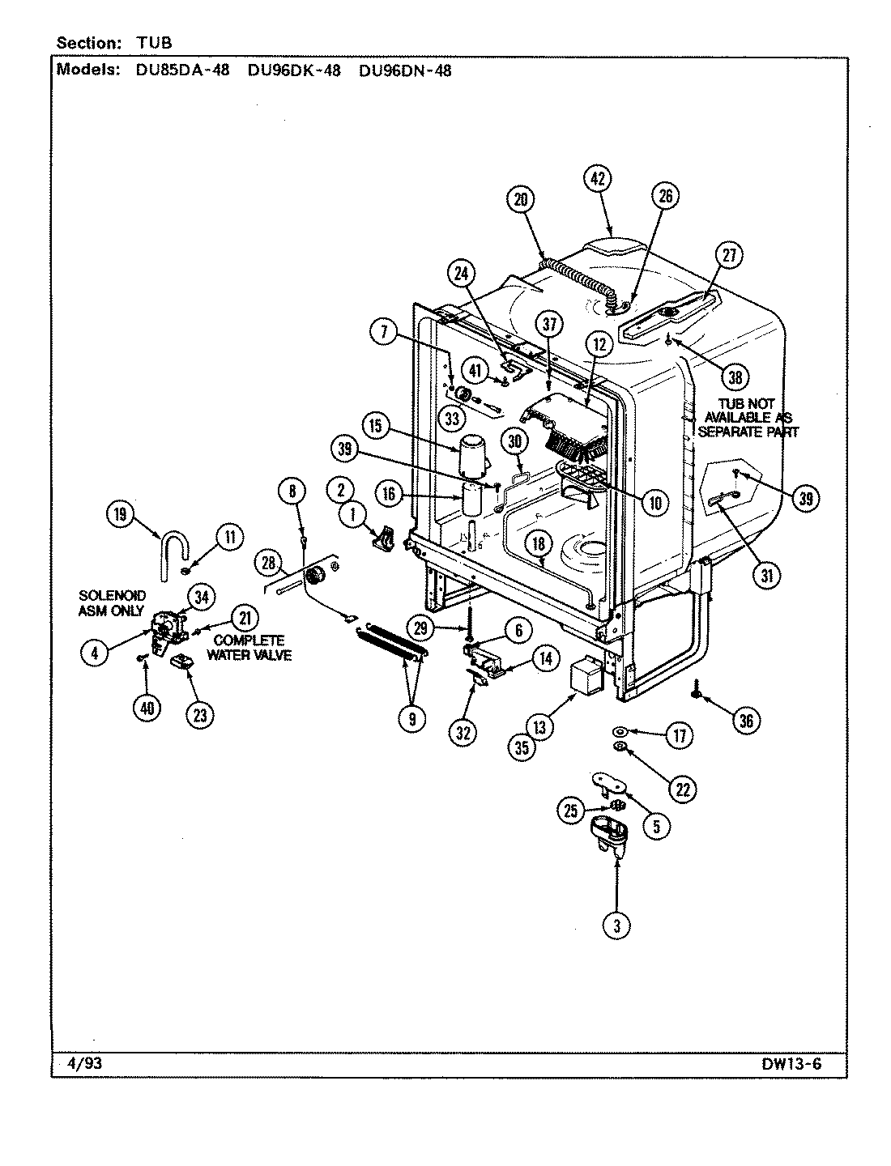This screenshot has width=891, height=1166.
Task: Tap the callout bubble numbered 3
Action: [x=616, y=928]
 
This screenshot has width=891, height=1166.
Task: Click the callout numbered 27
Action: [x=728, y=256]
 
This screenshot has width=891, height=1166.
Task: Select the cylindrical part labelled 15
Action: [x=472, y=456]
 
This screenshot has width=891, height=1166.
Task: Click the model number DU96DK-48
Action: [x=294, y=70]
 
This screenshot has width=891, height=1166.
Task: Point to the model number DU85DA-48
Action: [x=183, y=70]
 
